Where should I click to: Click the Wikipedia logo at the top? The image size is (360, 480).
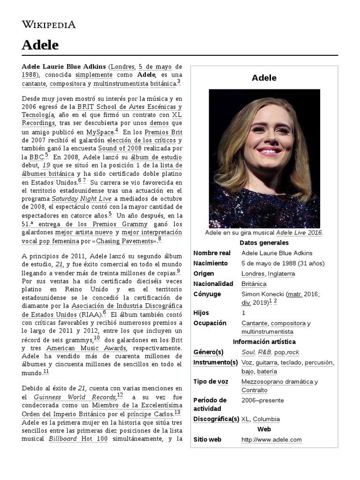click(48, 24)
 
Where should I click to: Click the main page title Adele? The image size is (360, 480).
click(40, 45)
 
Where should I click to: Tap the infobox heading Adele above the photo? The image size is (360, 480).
click(264, 78)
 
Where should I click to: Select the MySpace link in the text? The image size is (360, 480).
click(100, 132)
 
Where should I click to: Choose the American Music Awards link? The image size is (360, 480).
click(86, 348)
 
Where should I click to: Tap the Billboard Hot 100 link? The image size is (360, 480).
click(78, 439)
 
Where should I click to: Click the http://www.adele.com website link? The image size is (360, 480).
click(271, 440)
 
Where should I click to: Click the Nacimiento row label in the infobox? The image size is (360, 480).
click(210, 263)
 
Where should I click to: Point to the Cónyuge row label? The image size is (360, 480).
click(208, 294)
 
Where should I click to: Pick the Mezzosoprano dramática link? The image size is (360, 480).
click(277, 382)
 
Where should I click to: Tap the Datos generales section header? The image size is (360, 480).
click(264, 243)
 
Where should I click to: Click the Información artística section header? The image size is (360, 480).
click(264, 342)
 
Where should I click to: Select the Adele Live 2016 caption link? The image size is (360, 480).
click(299, 233)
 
